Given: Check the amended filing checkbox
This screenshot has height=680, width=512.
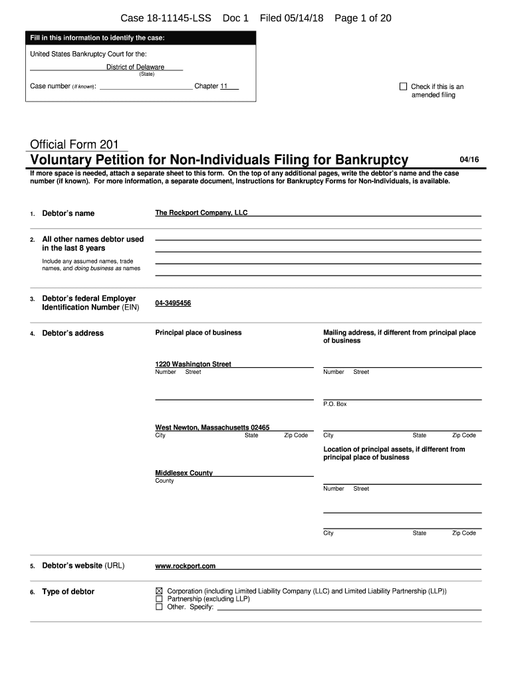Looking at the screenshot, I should pos(403,86).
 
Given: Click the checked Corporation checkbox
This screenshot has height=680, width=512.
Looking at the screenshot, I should pos(159,590).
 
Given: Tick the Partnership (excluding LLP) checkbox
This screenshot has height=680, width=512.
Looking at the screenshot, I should pos(159,598).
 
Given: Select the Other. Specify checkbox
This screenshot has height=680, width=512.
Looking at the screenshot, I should pos(159,606).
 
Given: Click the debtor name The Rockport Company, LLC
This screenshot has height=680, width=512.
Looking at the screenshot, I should pos(201,212).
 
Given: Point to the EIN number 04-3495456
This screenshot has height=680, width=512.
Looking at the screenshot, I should pos(173,303).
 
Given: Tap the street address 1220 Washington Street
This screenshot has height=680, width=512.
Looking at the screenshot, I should pos(193,364).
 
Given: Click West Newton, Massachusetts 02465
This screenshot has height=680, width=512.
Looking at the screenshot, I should pos(212,428).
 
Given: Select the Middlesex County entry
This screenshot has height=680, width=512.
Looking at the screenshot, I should pos(184,473).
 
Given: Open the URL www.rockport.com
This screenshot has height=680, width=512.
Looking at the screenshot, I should pos(185,566).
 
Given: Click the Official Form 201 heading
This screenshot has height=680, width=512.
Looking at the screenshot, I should pos(74,145).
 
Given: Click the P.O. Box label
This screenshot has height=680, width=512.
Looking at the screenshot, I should pos(334,404).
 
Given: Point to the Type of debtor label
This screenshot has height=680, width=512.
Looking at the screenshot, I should pos(68,592).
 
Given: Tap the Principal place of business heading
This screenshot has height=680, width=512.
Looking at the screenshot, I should pos(198,332).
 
